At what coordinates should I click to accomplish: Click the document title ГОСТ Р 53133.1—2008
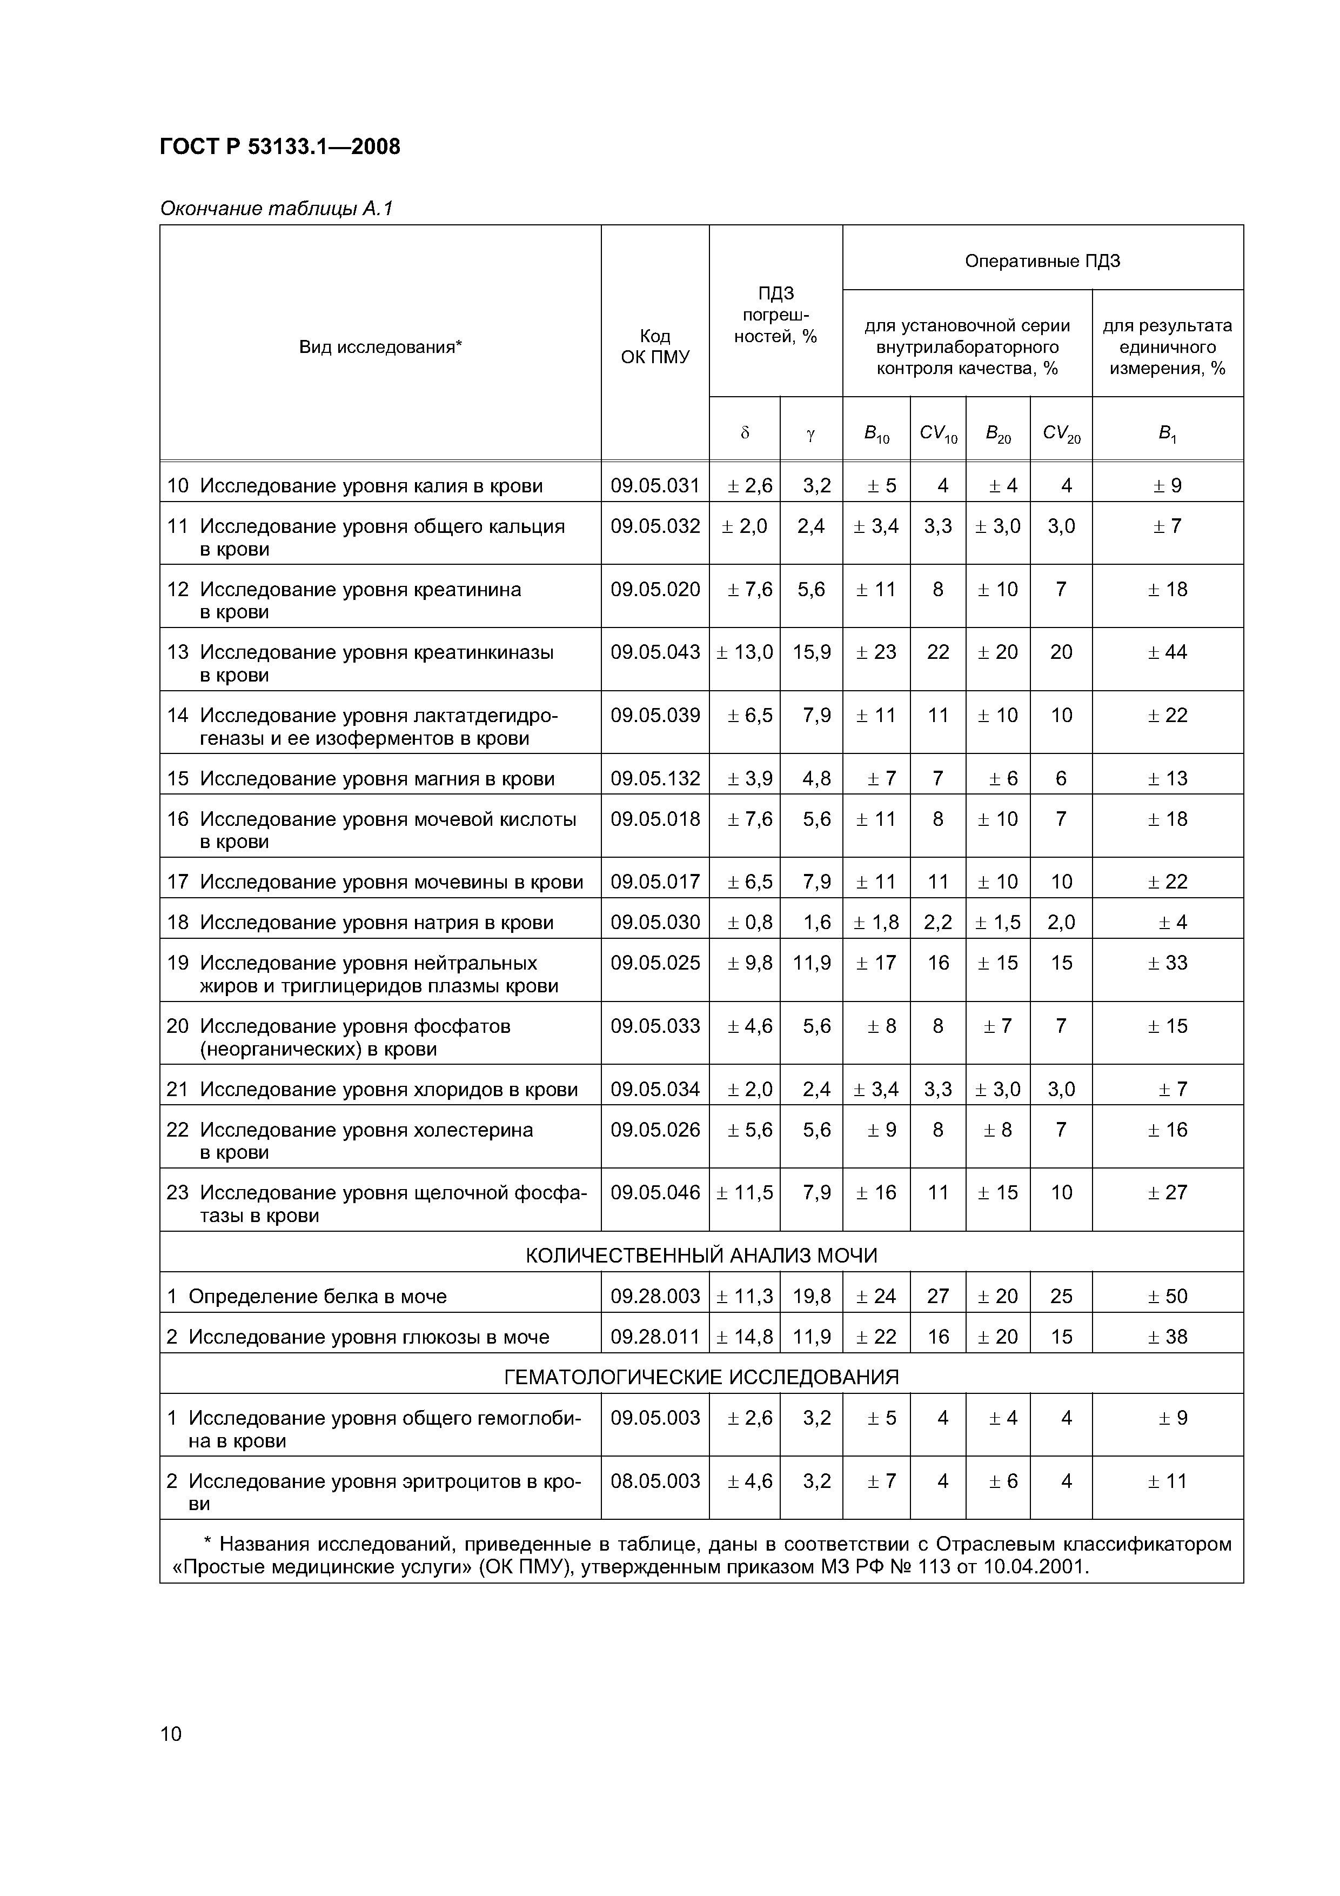pos(280,147)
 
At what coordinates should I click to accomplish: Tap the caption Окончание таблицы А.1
pos(276,208)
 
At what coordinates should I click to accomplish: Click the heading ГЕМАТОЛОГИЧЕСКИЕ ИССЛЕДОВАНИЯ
pos(701,1377)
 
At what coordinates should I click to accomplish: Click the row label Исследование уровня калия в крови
pos(371,485)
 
